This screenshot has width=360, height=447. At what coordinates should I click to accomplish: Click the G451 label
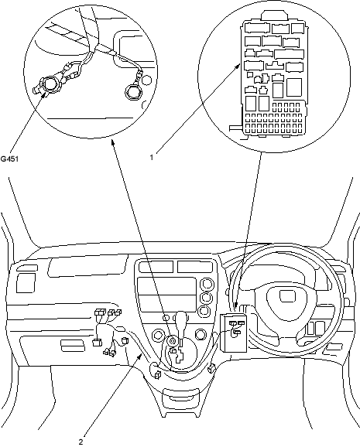coord(9,159)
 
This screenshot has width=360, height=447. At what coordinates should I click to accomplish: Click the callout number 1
coord(152,157)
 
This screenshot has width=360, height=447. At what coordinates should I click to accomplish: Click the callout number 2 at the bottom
coord(81,442)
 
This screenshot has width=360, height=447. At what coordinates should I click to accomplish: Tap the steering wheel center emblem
coord(288,296)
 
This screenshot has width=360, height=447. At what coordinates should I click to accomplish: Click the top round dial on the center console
coord(206,284)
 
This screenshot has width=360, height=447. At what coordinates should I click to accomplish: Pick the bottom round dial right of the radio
coord(204,310)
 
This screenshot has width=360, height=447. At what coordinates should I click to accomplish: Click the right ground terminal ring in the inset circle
coord(133,92)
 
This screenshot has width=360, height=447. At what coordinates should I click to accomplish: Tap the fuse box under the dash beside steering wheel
coord(234,333)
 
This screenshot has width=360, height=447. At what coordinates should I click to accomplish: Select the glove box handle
coord(73,346)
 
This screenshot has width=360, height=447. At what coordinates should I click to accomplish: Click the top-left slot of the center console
coord(156,267)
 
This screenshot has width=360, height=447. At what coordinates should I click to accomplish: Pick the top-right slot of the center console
coord(194,267)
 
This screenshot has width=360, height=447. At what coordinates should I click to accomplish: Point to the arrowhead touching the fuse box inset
coord(238,67)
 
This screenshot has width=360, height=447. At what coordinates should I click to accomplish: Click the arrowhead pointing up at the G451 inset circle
coord(113,142)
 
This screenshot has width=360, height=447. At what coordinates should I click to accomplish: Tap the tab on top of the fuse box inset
coord(274,15)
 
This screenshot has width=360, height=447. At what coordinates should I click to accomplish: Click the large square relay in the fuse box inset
coord(294,87)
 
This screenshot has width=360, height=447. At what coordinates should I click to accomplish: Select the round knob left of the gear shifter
coord(158,334)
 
